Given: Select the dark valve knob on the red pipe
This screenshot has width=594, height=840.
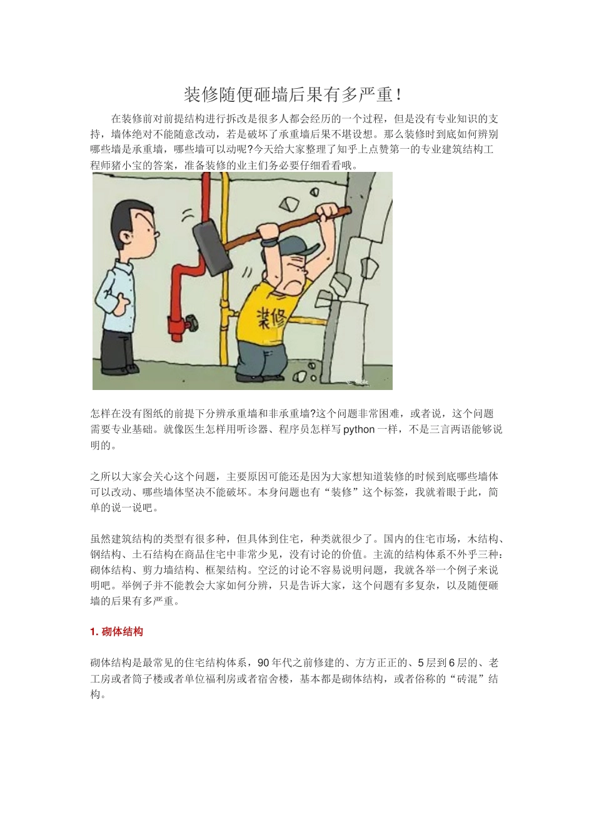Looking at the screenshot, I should click(x=191, y=324).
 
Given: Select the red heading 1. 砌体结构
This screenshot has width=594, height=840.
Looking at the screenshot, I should click(x=117, y=632).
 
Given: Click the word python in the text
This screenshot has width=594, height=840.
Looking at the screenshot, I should click(x=359, y=430).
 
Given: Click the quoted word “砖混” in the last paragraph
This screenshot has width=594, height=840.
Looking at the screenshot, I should click(x=465, y=679).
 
